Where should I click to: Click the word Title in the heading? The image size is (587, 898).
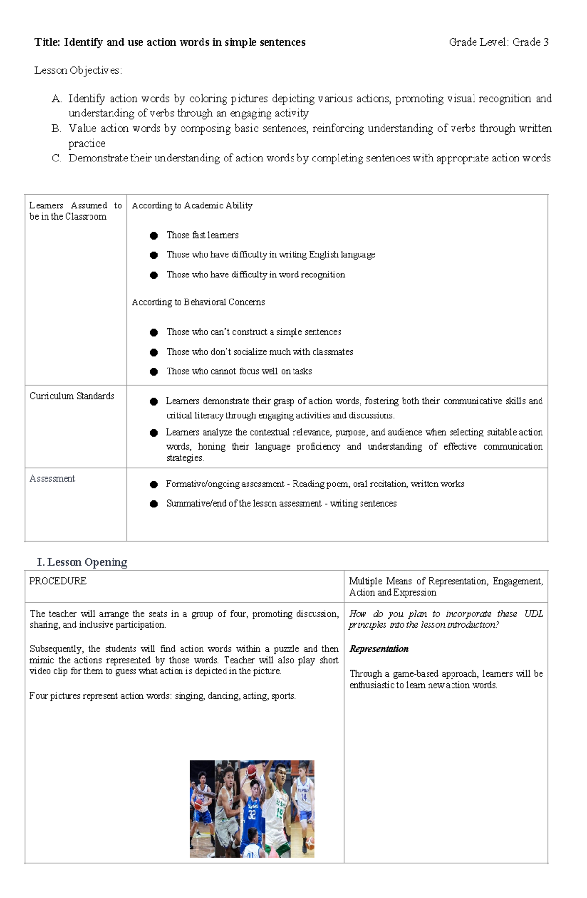tap(47, 42)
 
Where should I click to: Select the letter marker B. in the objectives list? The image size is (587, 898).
tap(56, 129)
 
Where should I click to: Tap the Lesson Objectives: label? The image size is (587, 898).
tap(78, 70)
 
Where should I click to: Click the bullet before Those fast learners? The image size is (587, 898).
tap(154, 236)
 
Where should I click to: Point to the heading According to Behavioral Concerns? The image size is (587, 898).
tap(198, 302)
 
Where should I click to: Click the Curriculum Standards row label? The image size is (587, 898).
tap(72, 396)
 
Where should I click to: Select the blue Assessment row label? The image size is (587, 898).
tap(52, 479)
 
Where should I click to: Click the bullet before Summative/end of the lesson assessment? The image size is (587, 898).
tap(154, 504)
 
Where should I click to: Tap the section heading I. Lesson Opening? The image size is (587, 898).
tap(82, 562)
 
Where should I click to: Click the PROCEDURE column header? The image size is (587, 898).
tap(58, 581)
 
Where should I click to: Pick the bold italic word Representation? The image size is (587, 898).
tap(379, 649)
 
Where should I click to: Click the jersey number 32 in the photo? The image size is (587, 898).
tap(252, 815)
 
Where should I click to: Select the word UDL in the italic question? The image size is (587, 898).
tap(534, 614)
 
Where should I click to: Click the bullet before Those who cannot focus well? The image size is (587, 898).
tap(154, 372)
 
